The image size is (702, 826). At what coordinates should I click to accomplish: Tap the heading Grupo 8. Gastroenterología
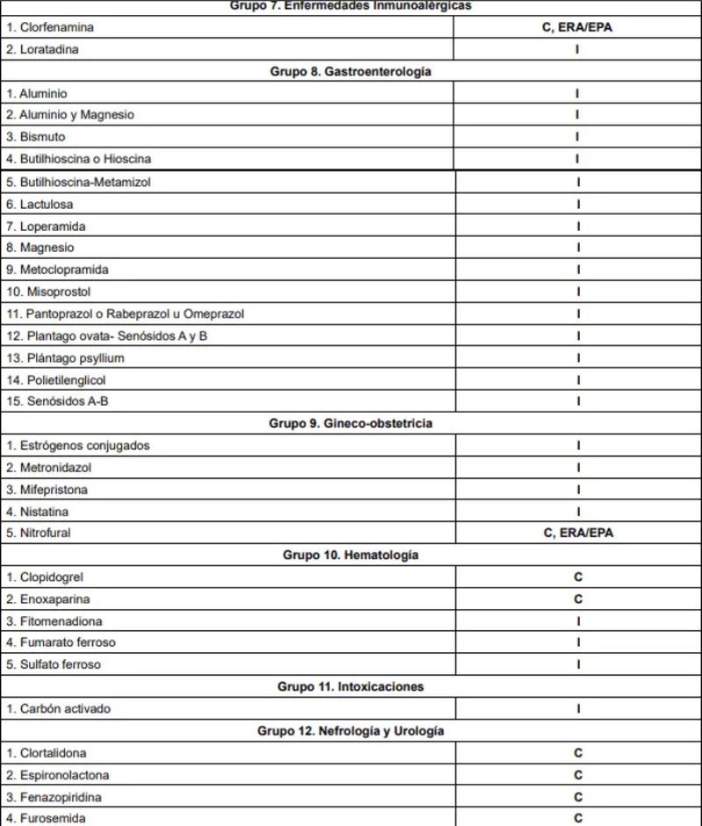point(350,71)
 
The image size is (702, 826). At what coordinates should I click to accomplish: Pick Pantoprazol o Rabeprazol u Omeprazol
point(125,313)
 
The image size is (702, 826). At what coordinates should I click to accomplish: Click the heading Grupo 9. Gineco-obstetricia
point(350,423)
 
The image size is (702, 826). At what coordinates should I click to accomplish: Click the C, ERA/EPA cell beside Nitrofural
point(577,533)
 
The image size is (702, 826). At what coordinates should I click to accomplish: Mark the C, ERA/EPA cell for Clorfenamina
point(577,27)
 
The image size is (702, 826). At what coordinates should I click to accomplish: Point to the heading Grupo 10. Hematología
point(350,555)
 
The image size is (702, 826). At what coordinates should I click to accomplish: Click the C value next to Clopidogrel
point(577,578)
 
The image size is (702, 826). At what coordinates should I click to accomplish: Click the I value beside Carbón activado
point(577,708)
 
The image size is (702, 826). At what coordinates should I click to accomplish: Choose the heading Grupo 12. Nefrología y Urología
point(350,730)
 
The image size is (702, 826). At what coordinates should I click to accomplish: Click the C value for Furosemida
point(577,818)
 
